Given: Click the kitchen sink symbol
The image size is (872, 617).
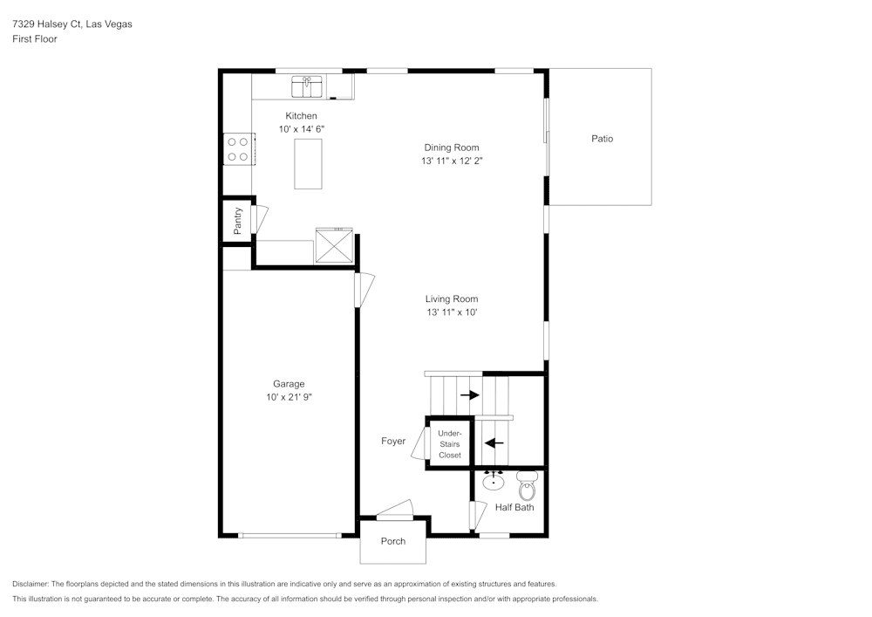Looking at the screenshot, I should tap(307, 87).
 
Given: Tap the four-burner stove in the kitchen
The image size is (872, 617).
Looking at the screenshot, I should tap(237, 148).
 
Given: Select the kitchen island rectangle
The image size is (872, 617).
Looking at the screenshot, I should tap(308, 163).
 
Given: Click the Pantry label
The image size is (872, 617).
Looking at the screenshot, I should tap(238, 220).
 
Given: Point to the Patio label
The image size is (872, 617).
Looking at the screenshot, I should tap(602, 139).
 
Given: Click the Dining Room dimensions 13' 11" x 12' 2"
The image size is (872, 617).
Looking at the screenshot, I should tap(451, 161).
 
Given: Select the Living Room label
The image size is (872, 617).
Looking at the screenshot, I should tap(452, 299).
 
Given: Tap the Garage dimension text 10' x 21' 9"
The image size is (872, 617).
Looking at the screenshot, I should tap(289, 398).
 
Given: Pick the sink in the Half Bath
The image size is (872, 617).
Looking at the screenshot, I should tap(494, 480).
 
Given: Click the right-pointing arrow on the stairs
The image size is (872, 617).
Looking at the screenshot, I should tap(470, 395).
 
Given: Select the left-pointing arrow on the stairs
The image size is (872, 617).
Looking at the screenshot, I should tap(494, 442).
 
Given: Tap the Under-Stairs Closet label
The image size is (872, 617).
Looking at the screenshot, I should tap(450, 444).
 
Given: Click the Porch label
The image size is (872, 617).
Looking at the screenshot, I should tap(393, 541).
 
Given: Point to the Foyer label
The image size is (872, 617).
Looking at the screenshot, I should tap(393, 442).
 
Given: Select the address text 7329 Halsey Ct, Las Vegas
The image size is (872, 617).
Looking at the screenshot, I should tap(72, 24).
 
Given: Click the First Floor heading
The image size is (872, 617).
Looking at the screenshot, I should tap(35, 39).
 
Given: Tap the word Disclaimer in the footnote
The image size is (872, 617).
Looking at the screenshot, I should tap(31, 584).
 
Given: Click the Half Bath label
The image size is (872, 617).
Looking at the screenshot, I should tap(514, 507).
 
